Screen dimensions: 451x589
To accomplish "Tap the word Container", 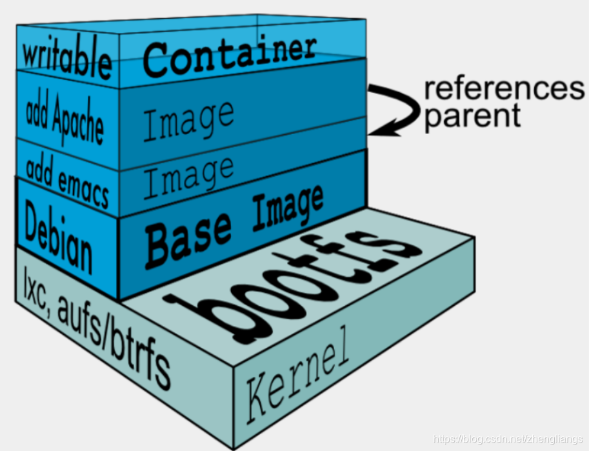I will (230, 55).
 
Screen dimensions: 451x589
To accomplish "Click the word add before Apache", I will (38, 110).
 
